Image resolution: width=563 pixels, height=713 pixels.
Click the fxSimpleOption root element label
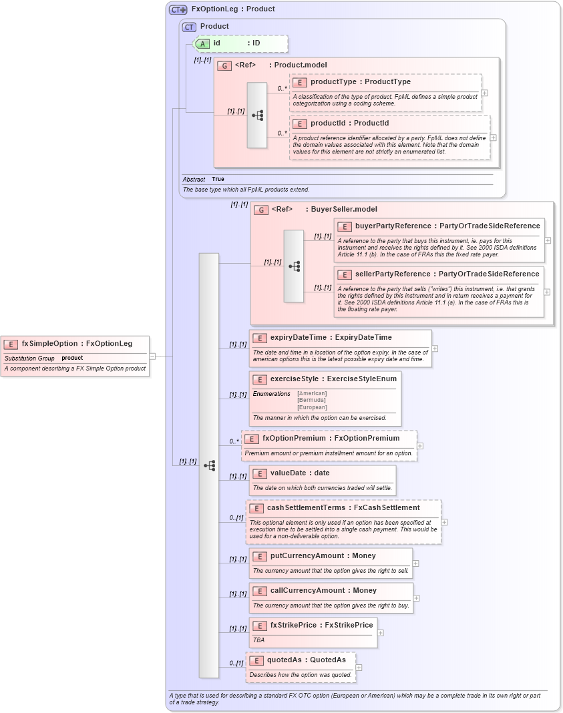[x=49, y=344]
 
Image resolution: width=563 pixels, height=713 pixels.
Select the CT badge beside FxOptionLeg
[x=178, y=9]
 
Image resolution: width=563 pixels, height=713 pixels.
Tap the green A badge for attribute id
[x=201, y=43]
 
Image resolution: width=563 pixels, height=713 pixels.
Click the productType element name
[x=333, y=82]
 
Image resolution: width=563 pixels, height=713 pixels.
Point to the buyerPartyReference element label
[x=395, y=226]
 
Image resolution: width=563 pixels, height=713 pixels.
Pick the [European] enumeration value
[x=312, y=407]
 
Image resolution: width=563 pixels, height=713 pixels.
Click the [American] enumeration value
[x=312, y=393]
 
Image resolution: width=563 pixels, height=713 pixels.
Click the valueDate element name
[x=290, y=473]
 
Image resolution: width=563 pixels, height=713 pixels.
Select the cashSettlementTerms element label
[x=306, y=508]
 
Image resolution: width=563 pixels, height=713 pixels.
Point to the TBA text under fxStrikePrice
[x=258, y=640]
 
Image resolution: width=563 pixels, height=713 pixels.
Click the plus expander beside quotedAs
[x=359, y=667]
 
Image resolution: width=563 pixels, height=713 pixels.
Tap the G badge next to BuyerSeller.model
[x=261, y=210]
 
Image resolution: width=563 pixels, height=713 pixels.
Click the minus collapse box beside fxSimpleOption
[x=152, y=356]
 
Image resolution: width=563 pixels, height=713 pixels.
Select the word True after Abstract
[x=218, y=180]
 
